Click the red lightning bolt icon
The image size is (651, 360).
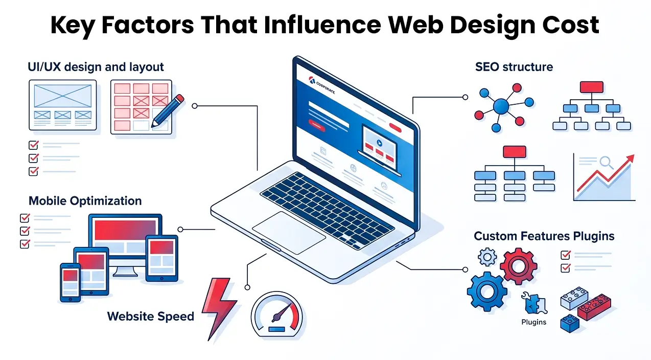(x=218, y=307)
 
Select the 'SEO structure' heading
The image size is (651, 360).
(x=514, y=66)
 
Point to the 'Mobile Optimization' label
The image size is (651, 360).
(x=85, y=200)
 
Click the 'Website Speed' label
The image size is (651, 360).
(x=151, y=316)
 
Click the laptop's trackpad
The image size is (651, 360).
(x=289, y=232)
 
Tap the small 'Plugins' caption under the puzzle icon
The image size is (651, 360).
(x=533, y=322)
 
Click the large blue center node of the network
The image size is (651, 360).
(x=501, y=106)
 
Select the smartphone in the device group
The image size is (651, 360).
(x=70, y=282)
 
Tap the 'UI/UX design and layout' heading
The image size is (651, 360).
(x=96, y=66)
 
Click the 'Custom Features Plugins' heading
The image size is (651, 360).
(x=544, y=236)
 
